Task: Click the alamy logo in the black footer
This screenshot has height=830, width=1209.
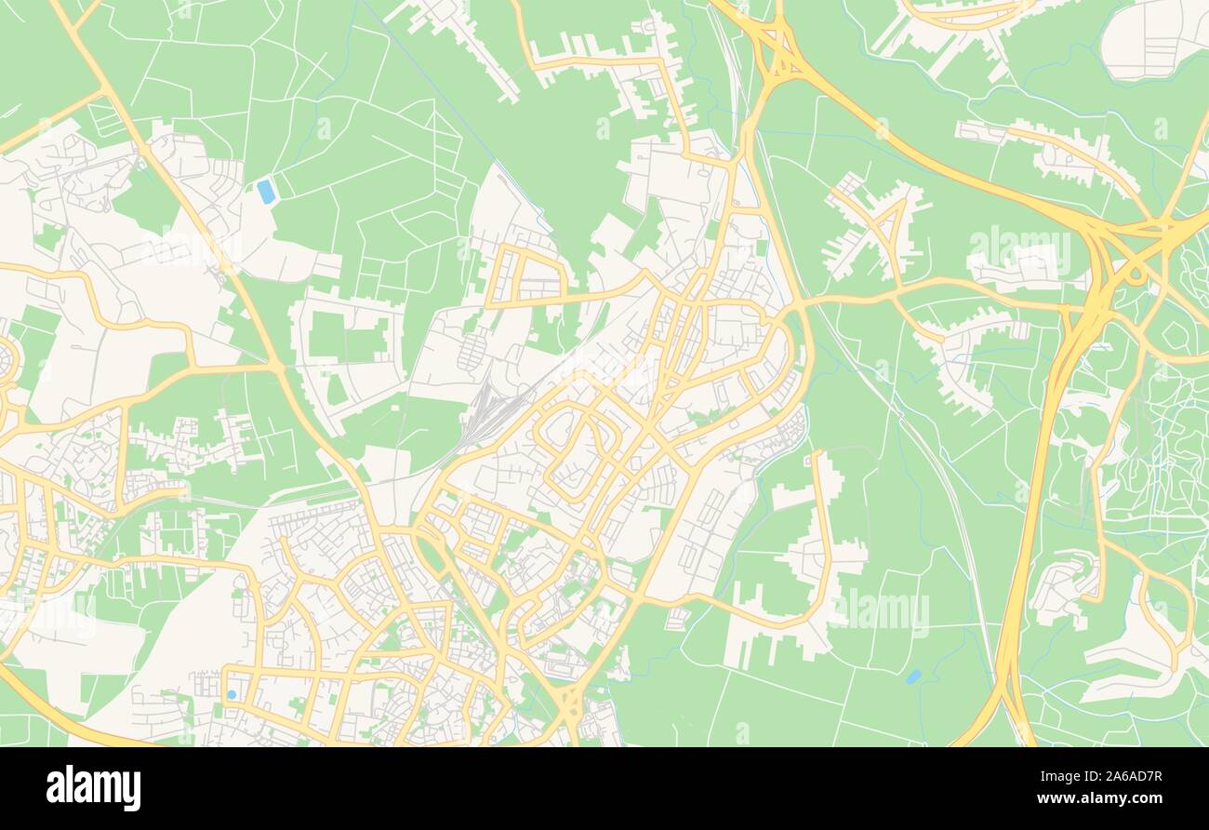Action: tap(93, 787)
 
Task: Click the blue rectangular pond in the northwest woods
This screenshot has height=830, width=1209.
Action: tap(267, 192)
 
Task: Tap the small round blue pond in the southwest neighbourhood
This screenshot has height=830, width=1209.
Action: tap(231, 694)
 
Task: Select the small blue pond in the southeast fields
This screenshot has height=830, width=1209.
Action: tap(913, 676)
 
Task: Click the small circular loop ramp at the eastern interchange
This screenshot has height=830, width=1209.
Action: tap(1136, 275)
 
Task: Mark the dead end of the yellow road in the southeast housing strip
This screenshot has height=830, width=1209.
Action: tap(817, 455)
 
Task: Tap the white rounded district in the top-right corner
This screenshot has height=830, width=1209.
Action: tap(1153, 37)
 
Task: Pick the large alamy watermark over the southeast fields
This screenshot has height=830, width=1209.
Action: tap(878, 609)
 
